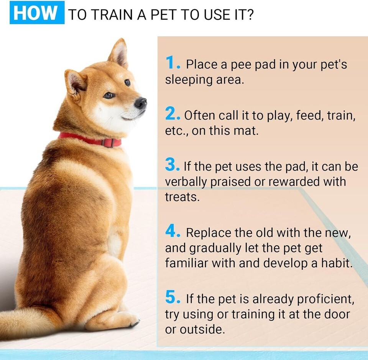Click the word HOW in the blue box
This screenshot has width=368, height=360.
(x=35, y=12)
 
